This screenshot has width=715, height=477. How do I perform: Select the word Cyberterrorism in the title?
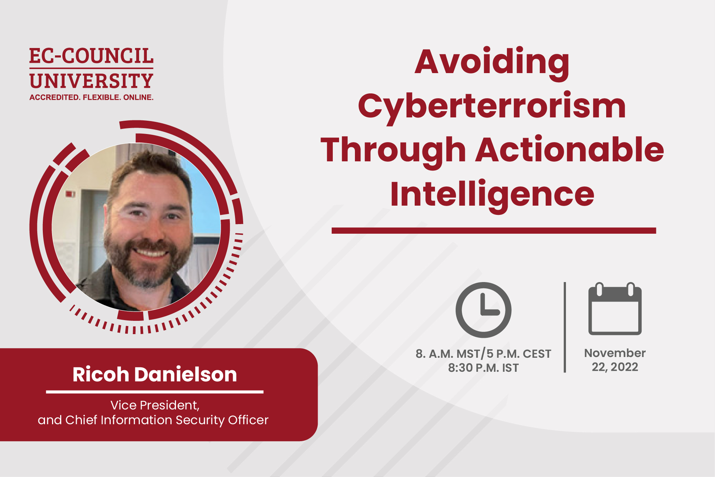[492, 107]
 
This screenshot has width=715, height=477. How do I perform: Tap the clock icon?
[483, 310]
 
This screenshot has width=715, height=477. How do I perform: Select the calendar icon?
[615, 309]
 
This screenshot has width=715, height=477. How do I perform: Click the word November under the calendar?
[615, 353]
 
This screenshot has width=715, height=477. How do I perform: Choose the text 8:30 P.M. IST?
[483, 368]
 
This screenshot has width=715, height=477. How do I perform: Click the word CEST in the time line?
[537, 354]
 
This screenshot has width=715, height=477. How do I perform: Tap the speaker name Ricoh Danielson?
[155, 374]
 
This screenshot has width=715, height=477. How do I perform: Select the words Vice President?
[155, 405]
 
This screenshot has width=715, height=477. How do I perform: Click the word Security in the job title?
[200, 420]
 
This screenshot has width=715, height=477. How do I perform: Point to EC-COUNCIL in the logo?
[91, 56]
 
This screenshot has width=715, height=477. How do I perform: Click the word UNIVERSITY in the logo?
[91, 81]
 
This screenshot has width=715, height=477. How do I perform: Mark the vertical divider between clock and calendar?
[565, 327]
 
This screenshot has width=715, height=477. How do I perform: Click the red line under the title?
[494, 231]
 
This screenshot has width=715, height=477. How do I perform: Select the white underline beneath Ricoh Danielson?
[155, 392]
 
